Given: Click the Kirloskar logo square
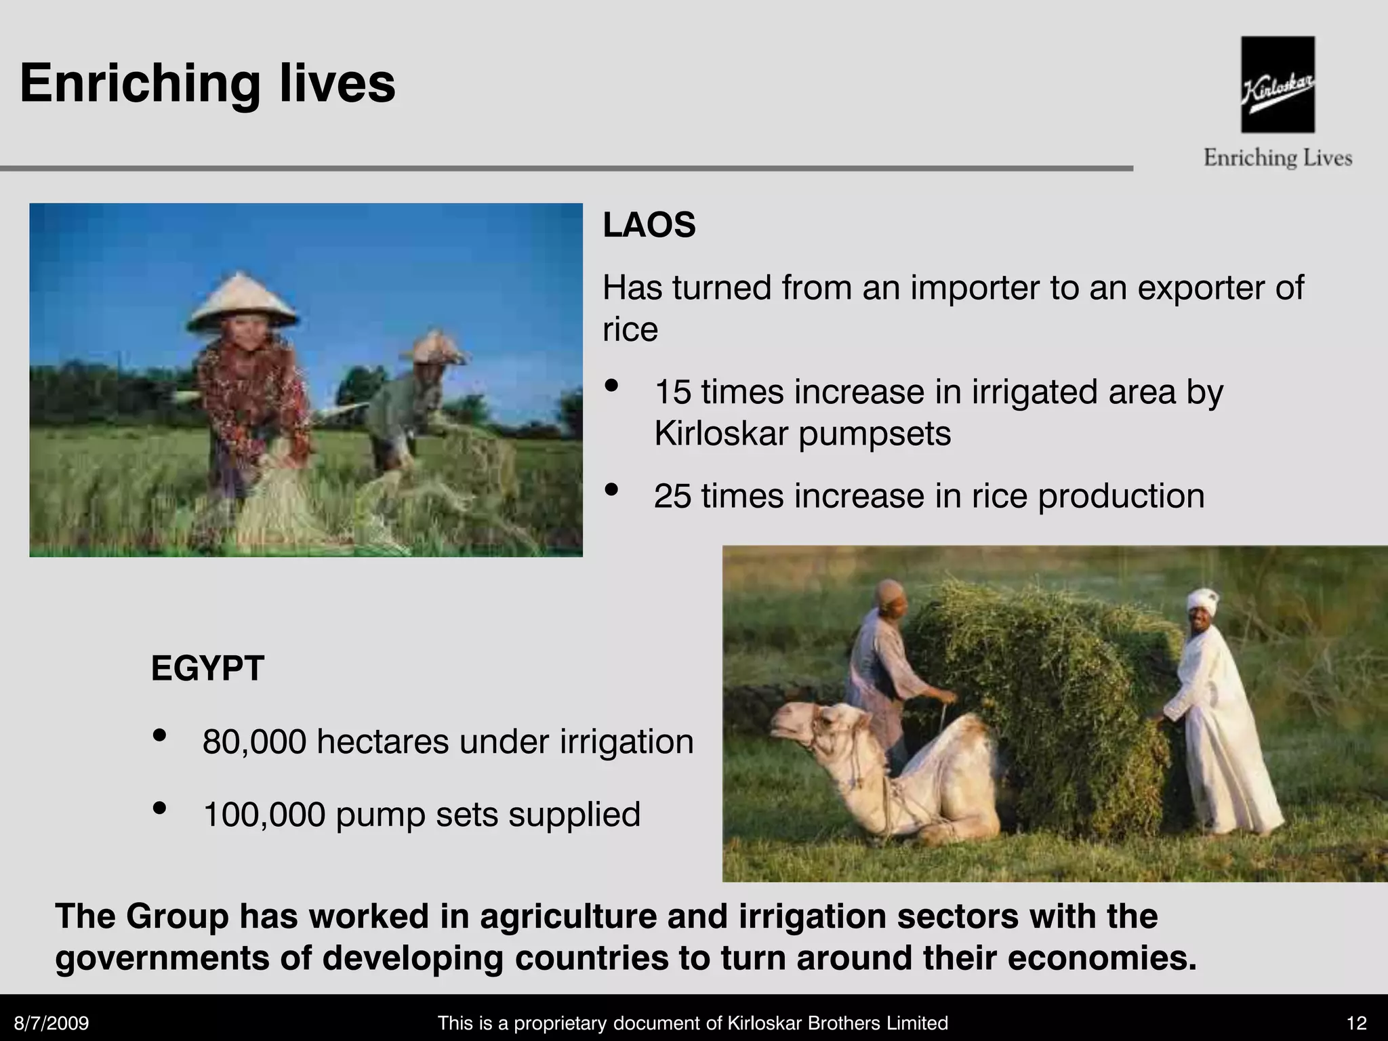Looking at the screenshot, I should coord(1278,84).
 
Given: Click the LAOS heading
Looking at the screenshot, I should coord(649,225).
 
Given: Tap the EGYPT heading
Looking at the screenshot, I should coord(207,668).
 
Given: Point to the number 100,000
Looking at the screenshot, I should coord(264,814).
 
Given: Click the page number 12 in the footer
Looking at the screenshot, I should coord(1357,1023).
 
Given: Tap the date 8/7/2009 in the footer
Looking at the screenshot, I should coord(52,1023).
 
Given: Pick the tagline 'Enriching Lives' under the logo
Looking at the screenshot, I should coord(1278,159).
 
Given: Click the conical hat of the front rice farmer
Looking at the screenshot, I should coord(241,302).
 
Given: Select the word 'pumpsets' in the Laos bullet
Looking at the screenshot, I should coord(874,434).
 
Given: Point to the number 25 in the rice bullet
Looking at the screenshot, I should coord(672,496).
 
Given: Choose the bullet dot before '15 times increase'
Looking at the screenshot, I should coord(612,386).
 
